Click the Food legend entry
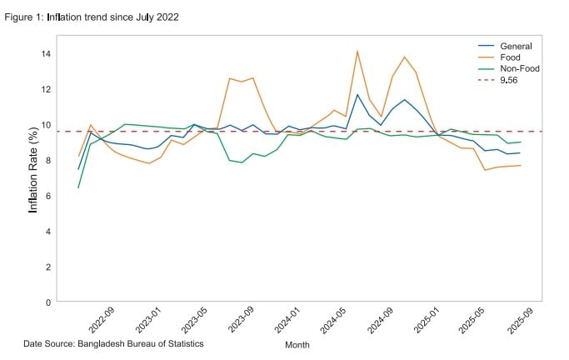click(x=509, y=57)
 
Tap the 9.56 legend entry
click(x=510, y=81)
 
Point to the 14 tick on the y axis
click(x=47, y=53)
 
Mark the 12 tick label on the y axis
click(x=47, y=89)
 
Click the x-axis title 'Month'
click(x=297, y=345)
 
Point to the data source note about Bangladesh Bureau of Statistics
click(x=113, y=343)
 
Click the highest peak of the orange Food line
click(x=357, y=51)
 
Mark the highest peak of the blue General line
click(x=357, y=94)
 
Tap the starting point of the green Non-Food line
click(x=78, y=187)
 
